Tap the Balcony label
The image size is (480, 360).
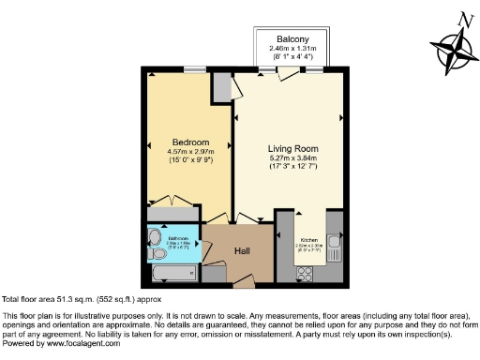[x=295, y=38]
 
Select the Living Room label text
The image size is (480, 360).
[x=294, y=149]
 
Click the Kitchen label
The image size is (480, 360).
[x=309, y=242]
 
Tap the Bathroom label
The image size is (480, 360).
[x=178, y=238]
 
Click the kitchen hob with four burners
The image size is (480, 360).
[x=305, y=273]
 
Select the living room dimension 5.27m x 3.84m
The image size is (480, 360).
[x=294, y=158]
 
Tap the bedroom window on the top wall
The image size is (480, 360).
[x=195, y=68]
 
